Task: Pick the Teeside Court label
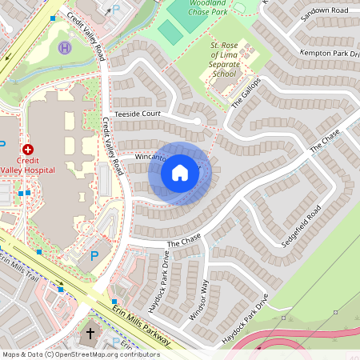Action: [138, 114]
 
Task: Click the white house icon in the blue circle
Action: [179, 172]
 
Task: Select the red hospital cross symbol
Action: [28, 149]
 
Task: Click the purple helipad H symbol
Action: [64, 49]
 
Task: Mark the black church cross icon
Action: [90, 333]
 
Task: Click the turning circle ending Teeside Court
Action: [197, 122]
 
